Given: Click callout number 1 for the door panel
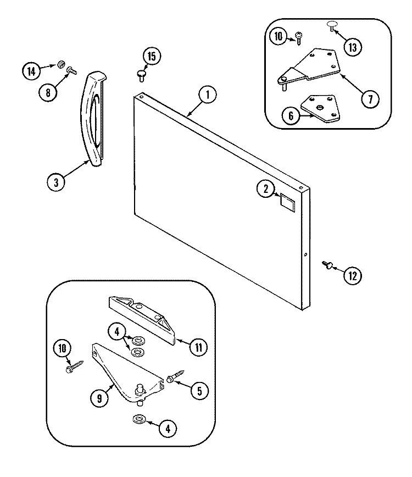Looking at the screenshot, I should [207, 95].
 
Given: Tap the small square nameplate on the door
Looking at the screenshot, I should [287, 201].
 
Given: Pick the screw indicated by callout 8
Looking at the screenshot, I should [72, 70].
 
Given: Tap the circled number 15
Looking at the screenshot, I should [152, 56].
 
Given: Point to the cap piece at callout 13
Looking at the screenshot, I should [332, 25].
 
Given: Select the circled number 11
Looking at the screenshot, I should [198, 346].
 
